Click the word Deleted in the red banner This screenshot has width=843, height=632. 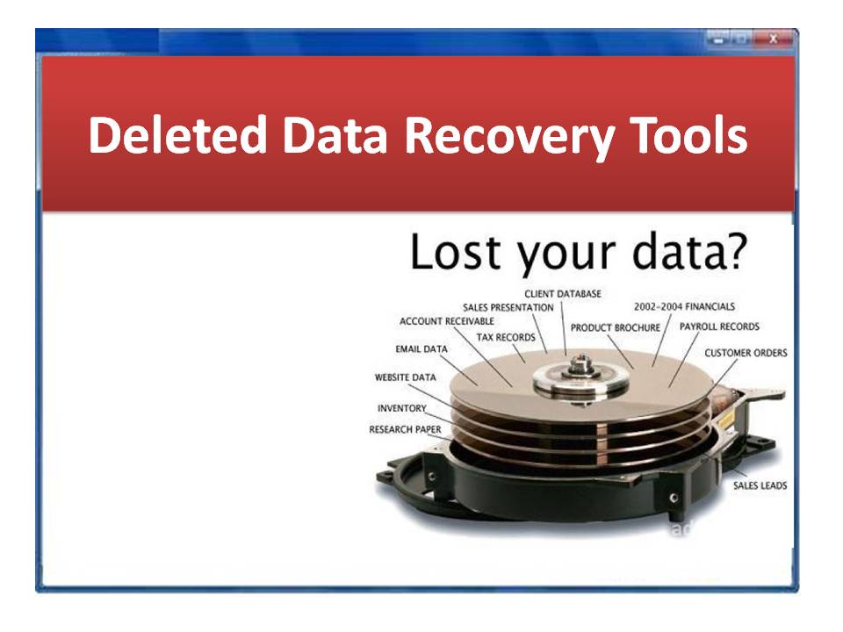point(178,134)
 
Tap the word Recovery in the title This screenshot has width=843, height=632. point(510,138)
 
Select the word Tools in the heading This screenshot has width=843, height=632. point(688,134)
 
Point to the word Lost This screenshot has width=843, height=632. point(456,252)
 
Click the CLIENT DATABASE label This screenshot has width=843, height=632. point(563,294)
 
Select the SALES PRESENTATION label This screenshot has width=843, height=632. point(508,307)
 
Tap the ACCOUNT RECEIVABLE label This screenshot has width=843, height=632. point(447,321)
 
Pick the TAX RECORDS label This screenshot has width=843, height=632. point(506,337)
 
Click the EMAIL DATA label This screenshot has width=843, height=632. point(421,349)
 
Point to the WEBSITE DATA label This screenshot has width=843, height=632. point(406,377)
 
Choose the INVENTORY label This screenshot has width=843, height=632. point(401,408)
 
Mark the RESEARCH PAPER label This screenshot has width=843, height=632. point(405,429)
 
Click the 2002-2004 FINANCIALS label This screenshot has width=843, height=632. point(684,307)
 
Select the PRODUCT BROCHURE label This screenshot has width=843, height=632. point(616,327)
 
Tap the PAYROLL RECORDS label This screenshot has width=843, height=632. point(719,327)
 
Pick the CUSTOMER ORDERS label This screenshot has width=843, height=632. point(746,353)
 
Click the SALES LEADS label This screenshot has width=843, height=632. point(760,485)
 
